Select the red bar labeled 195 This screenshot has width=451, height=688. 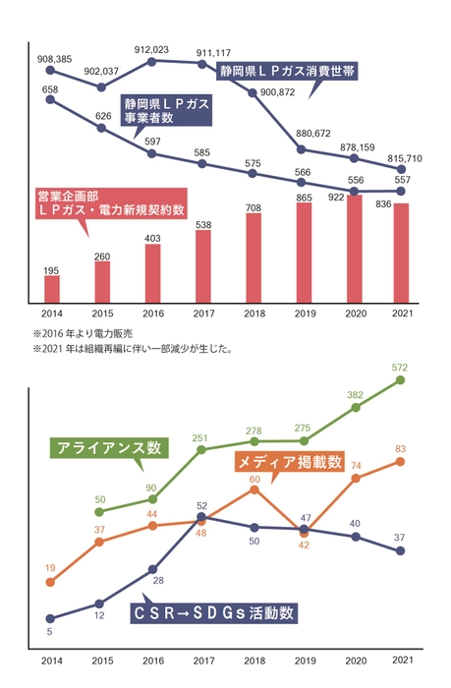(x=52, y=289)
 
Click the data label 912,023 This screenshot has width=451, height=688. (x=151, y=49)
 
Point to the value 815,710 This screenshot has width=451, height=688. (x=405, y=157)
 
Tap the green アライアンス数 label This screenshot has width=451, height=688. (x=109, y=447)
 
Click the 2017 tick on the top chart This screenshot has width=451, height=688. (x=202, y=313)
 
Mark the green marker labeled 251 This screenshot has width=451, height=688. (x=202, y=450)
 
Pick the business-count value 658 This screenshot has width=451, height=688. (x=51, y=89)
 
